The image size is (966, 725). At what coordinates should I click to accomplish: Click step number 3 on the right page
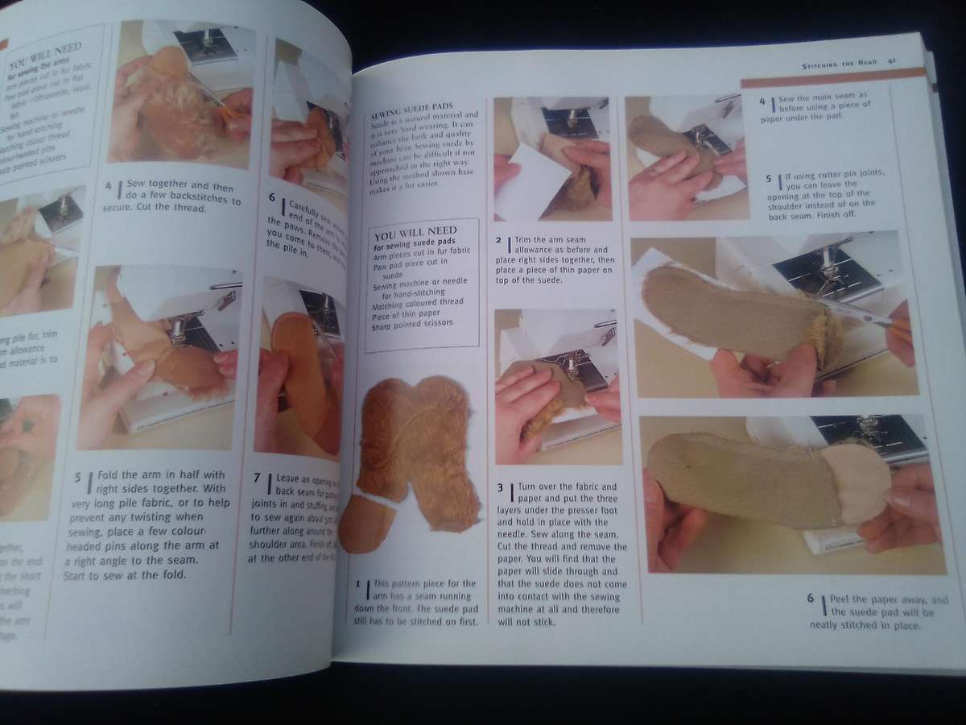coord(501,487)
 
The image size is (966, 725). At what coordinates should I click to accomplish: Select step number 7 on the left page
coord(257,478)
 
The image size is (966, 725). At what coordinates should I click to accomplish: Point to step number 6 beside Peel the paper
coord(810,599)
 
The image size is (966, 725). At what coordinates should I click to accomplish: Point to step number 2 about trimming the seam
coord(499,239)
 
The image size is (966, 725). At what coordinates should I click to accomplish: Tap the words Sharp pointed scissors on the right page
coord(413,324)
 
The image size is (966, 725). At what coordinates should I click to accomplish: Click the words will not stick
coord(527,621)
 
